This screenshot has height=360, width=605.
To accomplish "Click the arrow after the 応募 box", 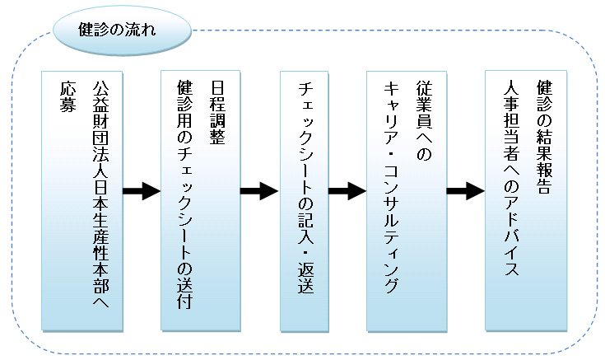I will [141, 192].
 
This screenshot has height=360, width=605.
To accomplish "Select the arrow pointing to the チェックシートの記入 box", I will [258, 192].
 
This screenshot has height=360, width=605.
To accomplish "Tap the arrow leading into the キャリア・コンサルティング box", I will [347, 192].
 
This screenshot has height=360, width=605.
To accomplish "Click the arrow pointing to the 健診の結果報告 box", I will [464, 192].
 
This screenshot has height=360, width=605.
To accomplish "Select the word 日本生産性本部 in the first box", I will [100, 218].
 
